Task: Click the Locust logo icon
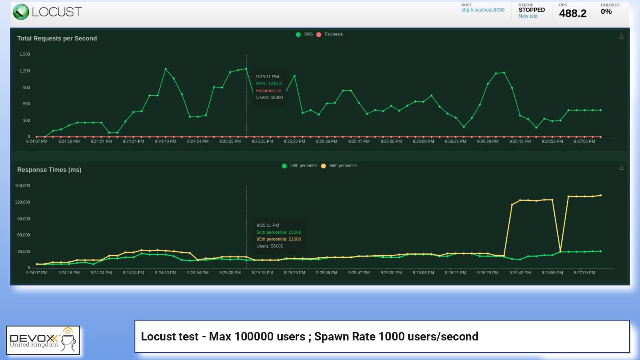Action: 21,12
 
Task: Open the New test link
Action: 528,16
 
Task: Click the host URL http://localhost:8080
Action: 483,10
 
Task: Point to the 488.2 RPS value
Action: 572,14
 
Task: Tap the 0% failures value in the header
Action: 606,12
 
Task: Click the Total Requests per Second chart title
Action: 57,39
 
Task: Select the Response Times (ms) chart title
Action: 49,170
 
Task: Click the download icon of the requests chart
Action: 621,36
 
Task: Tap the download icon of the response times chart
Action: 621,167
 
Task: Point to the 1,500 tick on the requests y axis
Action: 25,55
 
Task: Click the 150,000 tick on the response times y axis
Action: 23,186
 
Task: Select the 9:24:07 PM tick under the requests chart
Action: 36,142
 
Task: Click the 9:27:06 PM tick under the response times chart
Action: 584,273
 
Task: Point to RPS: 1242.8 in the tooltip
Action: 269,84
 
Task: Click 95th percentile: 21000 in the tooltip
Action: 279,239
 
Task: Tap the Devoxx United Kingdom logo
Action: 43,340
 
